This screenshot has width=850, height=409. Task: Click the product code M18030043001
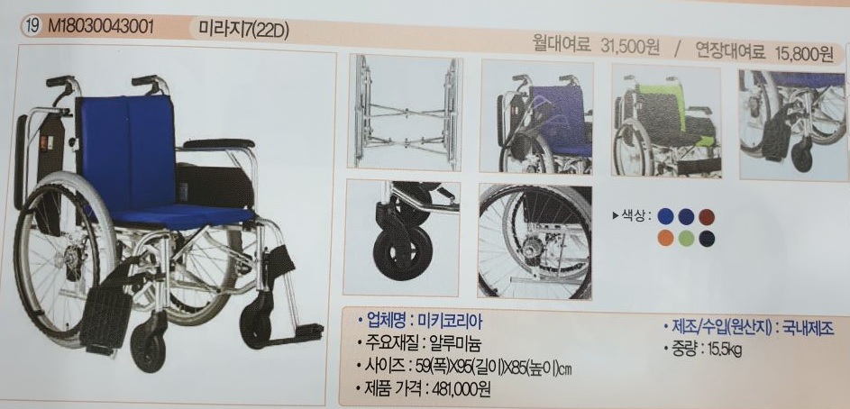(102, 25)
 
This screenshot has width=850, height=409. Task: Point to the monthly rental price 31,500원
(630, 50)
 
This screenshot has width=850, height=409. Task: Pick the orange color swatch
(665, 237)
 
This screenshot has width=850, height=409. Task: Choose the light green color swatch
(686, 238)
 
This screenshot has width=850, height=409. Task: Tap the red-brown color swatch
(707, 217)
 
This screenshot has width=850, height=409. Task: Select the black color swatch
(707, 238)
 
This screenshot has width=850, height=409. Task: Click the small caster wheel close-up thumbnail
(402, 236)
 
